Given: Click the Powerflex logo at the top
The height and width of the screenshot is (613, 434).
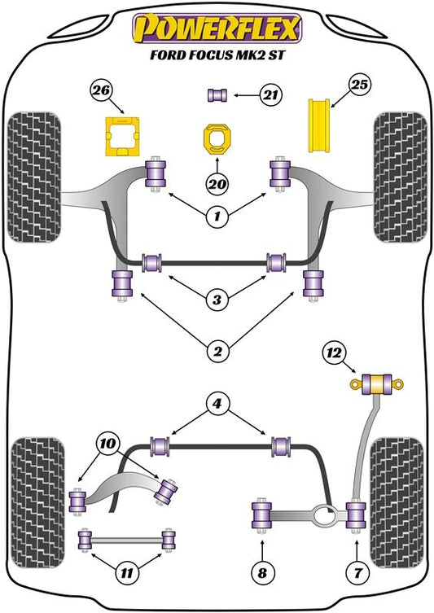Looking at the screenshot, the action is pyautogui.click(x=217, y=28).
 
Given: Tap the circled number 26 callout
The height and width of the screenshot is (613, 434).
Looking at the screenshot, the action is pyautogui.click(x=102, y=90).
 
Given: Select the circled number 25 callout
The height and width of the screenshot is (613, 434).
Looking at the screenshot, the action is pyautogui.click(x=359, y=85).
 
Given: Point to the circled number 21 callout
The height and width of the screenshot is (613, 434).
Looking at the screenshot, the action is pyautogui.click(x=270, y=95).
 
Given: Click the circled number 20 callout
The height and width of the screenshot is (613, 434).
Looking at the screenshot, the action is pyautogui.click(x=217, y=183).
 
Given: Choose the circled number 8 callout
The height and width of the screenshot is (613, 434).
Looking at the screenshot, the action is pyautogui.click(x=262, y=573).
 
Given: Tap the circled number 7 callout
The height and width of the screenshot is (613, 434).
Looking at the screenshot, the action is pyautogui.click(x=357, y=573).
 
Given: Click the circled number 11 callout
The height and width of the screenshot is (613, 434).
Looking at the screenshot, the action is pyautogui.click(x=127, y=573).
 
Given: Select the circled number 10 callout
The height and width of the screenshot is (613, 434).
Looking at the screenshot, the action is pyautogui.click(x=108, y=444).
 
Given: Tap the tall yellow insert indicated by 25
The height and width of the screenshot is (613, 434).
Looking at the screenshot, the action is pyautogui.click(x=319, y=126).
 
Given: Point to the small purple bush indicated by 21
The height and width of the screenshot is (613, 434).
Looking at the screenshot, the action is pyautogui.click(x=217, y=95).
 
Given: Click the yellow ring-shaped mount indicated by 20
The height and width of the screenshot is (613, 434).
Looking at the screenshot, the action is pyautogui.click(x=217, y=139).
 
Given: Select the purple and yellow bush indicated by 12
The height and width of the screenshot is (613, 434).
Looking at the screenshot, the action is pyautogui.click(x=376, y=384).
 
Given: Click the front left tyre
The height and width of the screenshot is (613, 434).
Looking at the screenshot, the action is pyautogui.click(x=34, y=177).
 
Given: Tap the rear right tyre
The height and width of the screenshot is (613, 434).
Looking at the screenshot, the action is pyautogui.click(x=397, y=503).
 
